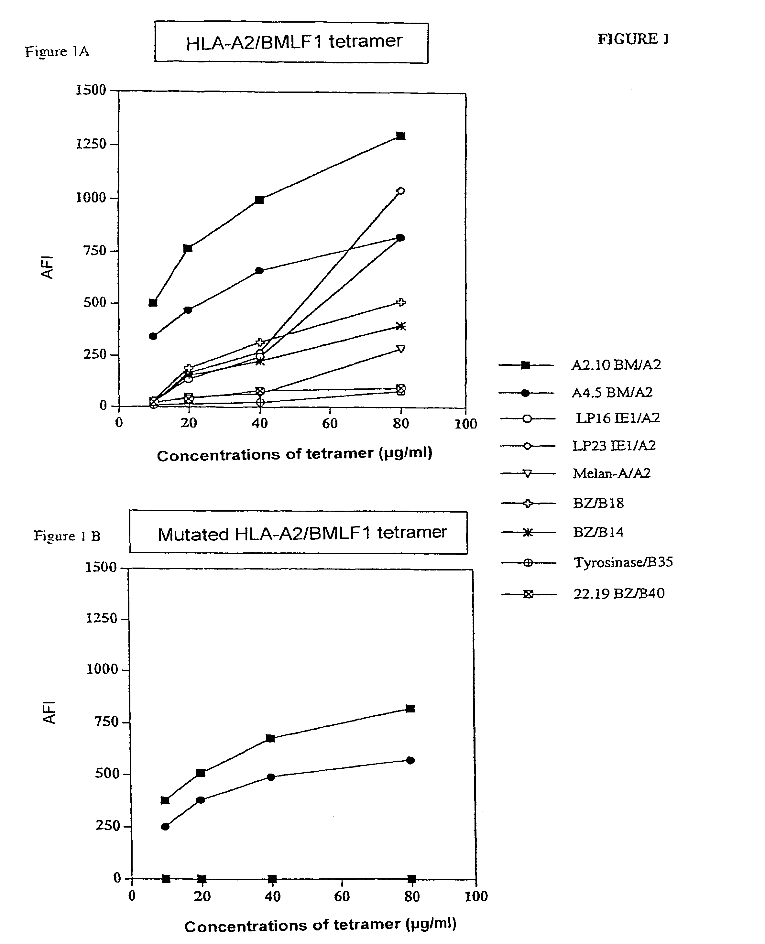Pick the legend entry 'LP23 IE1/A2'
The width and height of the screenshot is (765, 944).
(613, 446)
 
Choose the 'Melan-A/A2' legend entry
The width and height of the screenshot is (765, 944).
(611, 473)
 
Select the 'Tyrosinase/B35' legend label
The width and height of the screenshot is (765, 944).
(623, 562)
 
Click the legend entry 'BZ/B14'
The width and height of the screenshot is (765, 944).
(598, 533)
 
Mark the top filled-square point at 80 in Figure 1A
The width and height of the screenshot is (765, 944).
(400, 136)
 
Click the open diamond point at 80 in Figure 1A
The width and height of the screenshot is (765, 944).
(400, 191)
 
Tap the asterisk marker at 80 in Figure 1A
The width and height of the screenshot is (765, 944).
(400, 326)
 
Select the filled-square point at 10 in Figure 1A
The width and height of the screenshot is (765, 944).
(153, 303)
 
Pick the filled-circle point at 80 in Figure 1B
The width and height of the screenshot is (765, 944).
(410, 760)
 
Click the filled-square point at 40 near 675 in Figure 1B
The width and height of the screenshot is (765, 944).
(270, 738)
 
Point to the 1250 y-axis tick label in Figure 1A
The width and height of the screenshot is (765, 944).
(91, 144)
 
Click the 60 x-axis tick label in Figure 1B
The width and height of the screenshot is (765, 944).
(342, 896)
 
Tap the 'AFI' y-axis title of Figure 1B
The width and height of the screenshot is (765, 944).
(49, 712)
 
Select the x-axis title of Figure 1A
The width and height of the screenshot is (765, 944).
(294, 454)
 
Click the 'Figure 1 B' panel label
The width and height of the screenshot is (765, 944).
(67, 536)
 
